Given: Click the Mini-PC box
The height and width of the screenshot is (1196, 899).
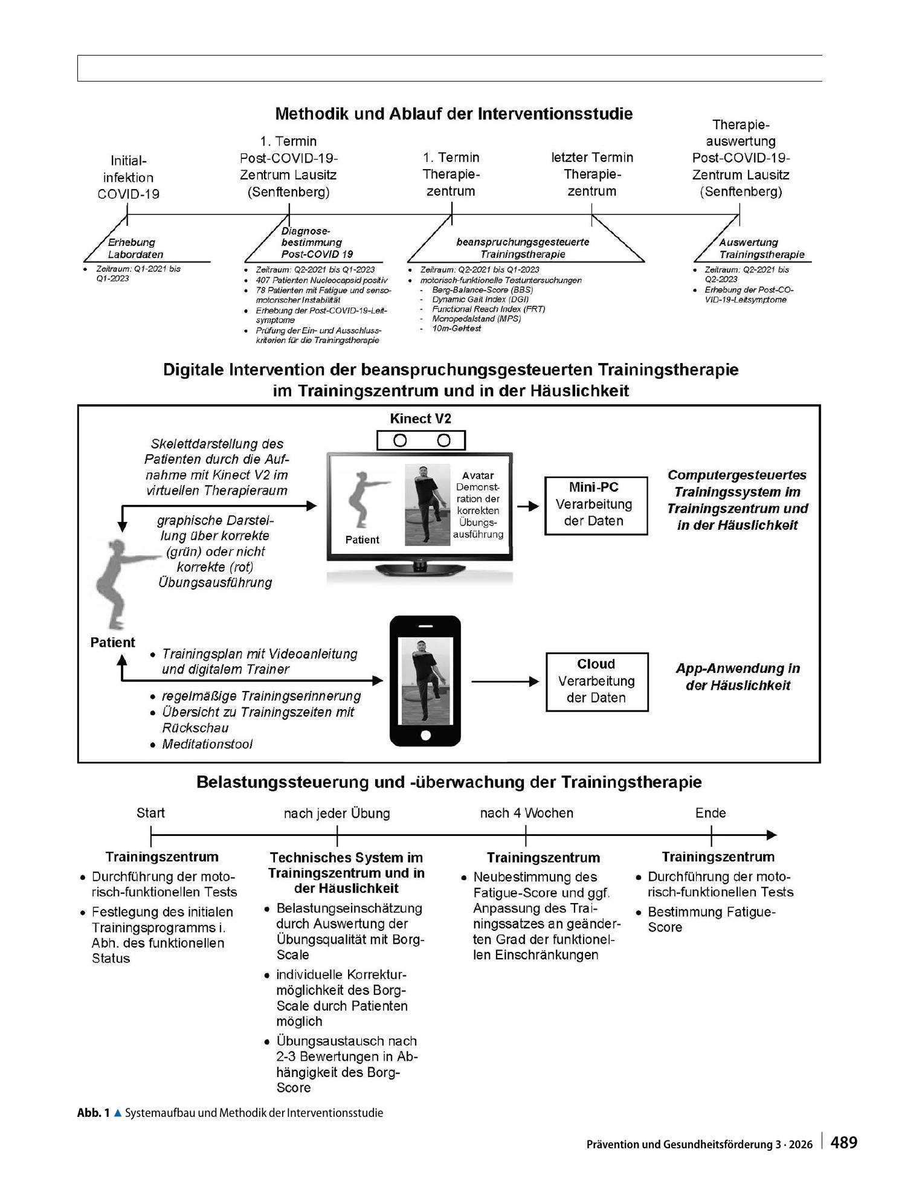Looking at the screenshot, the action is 596,506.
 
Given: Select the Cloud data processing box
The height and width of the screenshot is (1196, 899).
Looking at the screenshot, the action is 597,681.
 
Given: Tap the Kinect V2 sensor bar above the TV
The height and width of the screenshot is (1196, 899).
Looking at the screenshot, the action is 421,440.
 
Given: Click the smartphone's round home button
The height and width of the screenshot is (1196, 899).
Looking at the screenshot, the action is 425,735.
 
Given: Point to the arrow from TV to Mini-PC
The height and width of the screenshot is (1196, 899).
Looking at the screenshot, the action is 528,506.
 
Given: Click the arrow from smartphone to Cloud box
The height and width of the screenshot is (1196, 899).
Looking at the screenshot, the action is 505,681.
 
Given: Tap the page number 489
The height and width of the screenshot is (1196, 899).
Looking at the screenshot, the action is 844,1142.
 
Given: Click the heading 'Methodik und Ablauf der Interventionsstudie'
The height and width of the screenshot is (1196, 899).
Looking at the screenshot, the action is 454,114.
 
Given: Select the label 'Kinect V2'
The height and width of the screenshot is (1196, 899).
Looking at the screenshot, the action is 420,419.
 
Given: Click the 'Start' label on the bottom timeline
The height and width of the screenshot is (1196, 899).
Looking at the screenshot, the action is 150,812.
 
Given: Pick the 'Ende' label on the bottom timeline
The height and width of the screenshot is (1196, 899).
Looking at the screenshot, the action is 710,812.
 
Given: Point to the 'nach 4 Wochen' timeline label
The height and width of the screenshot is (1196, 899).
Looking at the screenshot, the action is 526,812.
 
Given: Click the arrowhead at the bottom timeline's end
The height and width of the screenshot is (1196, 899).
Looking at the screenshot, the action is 772,835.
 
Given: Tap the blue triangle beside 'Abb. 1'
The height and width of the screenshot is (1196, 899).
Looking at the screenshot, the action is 118,1112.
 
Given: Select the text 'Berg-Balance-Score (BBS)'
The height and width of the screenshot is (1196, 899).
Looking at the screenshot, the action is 483,290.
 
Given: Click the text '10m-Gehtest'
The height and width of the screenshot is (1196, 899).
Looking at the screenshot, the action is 457,328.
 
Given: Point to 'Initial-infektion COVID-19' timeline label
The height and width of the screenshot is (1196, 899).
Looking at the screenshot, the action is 129,178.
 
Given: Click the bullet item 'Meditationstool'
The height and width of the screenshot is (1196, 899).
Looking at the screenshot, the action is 207,744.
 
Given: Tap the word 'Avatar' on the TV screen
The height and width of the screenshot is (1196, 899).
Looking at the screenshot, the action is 478,475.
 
